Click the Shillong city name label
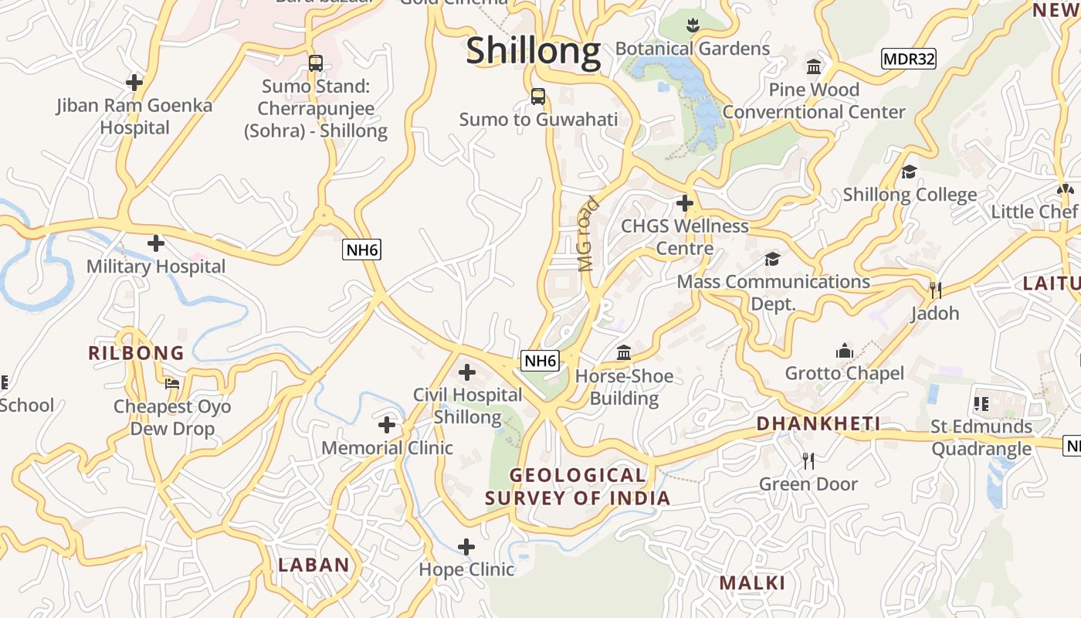coord(533,51)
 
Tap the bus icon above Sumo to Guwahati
coord(538,97)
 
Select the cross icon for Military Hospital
coord(156,243)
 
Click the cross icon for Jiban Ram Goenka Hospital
coord(134,82)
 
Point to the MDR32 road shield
coord(909,59)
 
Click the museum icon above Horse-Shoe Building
coord(624,354)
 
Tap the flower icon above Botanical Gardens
coord(693,25)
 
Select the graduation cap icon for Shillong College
coord(910,171)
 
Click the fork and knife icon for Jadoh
coord(935,290)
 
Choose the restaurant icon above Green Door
coord(808,461)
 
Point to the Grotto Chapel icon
coord(845,351)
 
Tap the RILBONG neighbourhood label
coord(136,353)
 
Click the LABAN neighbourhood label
coord(313,565)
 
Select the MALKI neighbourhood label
coord(752,582)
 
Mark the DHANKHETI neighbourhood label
coord(818,423)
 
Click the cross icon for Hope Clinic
coord(466,547)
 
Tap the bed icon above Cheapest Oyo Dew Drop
coord(172,383)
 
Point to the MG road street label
coord(588,235)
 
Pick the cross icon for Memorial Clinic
coord(387,424)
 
